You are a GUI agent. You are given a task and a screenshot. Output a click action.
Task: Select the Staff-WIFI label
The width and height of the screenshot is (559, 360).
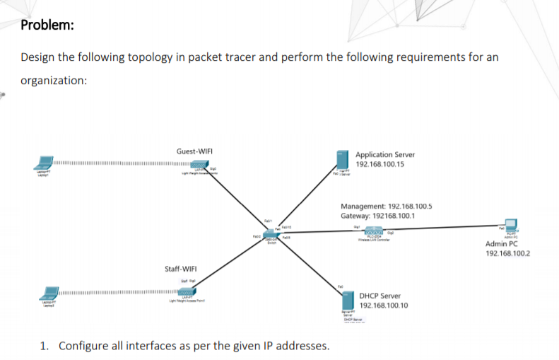coord(180,269)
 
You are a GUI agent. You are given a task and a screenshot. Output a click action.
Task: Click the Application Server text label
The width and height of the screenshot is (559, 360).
coord(385,154)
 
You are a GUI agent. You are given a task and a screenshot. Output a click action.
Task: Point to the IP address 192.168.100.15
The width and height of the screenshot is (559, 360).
coord(380,164)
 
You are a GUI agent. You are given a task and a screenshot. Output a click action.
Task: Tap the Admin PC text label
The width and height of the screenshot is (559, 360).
coord(502,244)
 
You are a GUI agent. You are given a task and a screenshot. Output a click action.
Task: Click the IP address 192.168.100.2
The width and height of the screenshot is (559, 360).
coord(507,254)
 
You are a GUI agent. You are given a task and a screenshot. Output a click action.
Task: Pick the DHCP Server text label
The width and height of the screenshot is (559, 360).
coord(379,296)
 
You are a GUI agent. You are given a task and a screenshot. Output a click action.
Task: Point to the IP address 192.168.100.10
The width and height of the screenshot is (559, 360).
coord(384,306)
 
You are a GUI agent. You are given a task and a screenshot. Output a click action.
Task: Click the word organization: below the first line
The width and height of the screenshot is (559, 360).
coord(54,80)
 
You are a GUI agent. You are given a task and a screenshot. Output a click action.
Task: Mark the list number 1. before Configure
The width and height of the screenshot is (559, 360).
coord(45,346)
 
